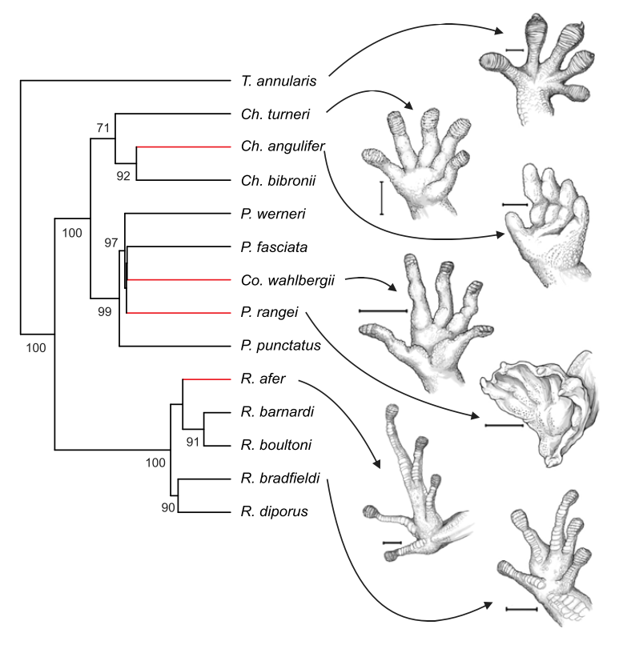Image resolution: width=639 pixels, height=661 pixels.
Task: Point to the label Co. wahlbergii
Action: click(x=287, y=279)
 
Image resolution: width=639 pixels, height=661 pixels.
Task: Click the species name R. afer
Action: click(x=257, y=379)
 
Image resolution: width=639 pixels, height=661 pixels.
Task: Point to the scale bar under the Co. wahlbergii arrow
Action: click(x=383, y=310)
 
